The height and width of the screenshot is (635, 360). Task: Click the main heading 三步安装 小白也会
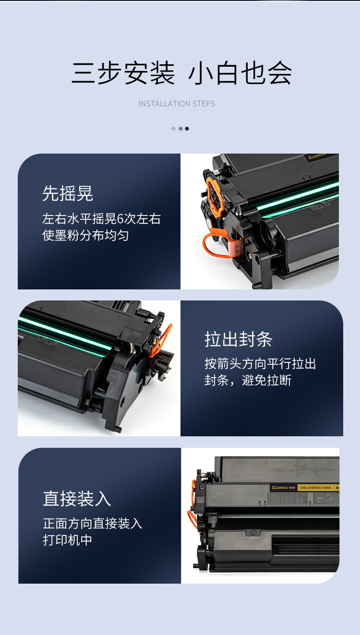181,73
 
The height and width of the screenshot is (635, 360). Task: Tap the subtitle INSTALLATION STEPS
177,104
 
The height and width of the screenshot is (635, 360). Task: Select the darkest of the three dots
187,129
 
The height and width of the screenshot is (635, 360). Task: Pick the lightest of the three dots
173,129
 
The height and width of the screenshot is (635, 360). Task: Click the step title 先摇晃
68,193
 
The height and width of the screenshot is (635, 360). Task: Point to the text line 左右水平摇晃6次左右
101,219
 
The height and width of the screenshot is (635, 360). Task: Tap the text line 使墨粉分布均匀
85,235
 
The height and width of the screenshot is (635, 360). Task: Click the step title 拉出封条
239,339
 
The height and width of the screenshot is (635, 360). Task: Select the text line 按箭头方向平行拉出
260,364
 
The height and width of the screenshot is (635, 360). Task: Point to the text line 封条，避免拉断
248,380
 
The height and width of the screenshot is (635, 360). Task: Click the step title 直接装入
77,499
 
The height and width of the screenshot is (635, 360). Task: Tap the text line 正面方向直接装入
93,523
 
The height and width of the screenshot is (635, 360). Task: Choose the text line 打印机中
68,540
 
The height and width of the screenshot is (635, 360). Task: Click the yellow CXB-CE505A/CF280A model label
315,488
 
